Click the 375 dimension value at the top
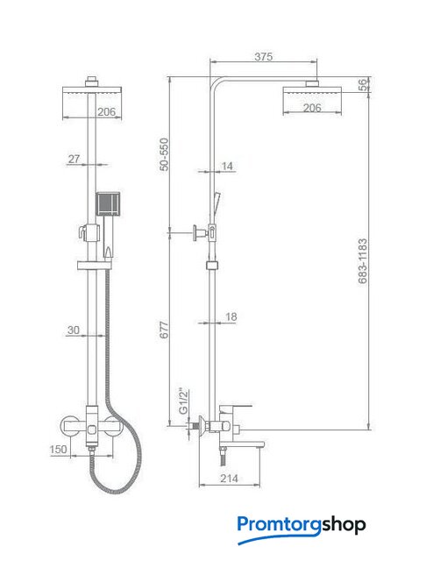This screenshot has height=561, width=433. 263,56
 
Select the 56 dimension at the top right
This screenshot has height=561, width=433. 363,85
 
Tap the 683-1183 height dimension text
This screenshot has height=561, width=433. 363,261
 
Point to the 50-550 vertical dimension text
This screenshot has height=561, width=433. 164,154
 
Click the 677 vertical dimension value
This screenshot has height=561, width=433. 164,330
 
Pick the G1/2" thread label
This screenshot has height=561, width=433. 183,401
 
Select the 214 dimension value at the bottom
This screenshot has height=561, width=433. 229,478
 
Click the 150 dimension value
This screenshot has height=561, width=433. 59,449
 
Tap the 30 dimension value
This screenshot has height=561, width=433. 74,330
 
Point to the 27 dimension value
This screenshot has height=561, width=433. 74,159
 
